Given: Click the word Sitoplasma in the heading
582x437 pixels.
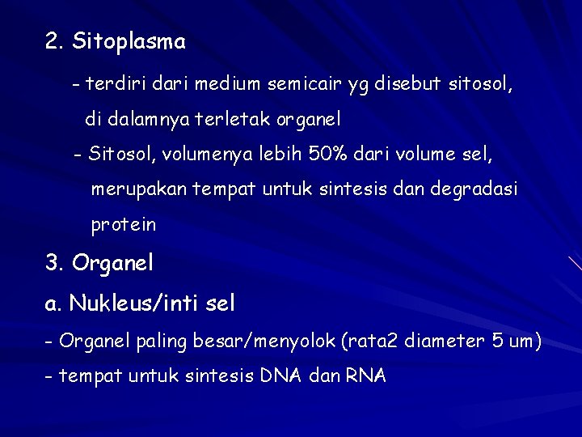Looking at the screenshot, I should pos(129,42).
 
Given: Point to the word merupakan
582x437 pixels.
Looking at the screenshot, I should pos(139,189).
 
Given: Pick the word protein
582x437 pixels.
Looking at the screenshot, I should pos(123,226).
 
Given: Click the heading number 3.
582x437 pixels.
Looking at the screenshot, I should pos(54,263).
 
